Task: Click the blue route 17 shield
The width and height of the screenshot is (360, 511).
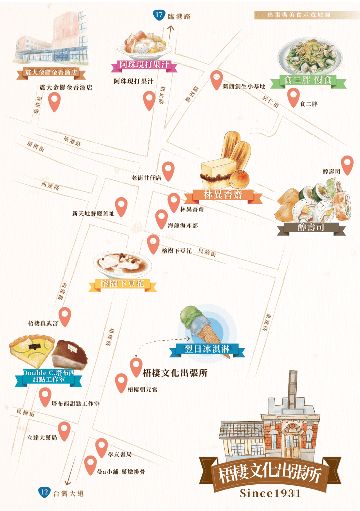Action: [159, 15]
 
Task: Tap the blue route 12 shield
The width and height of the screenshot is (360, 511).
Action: [44, 492]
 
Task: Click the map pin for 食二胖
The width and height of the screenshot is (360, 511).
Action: [293, 96]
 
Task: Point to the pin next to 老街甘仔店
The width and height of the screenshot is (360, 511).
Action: [168, 170]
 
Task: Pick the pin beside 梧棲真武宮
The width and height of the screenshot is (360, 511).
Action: [65, 315]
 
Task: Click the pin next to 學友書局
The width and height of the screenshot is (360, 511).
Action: [102, 447]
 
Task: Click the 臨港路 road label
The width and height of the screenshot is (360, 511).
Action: [179, 17]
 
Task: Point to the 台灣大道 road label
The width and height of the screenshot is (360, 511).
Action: [68, 494]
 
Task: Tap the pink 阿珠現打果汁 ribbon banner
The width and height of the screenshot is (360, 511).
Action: [144, 65]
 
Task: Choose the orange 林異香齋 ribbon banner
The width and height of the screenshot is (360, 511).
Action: [223, 195]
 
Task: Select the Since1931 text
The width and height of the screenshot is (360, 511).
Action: [270, 493]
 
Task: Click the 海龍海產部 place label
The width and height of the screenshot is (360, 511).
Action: [183, 226]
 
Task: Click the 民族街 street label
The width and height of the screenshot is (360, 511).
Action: [207, 252]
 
